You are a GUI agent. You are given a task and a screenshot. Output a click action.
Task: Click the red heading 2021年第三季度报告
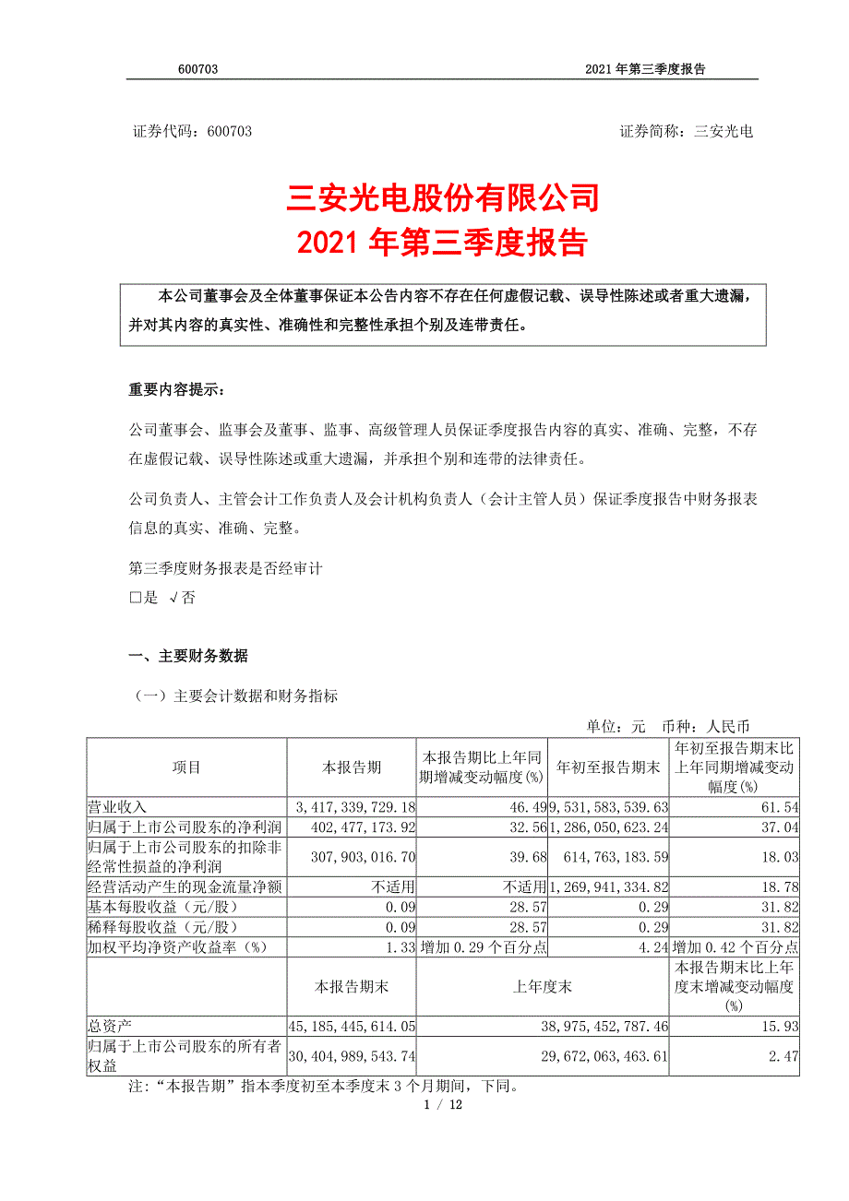444,243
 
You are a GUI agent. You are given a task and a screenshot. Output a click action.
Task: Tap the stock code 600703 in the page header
197,70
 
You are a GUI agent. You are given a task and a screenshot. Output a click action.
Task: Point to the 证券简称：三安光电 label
686,132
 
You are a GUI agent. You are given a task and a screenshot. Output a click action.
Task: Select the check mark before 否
173,597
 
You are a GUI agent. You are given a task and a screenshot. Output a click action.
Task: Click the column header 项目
186,767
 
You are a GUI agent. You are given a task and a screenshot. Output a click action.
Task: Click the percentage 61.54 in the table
781,806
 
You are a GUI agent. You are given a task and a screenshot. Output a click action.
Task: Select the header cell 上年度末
543,987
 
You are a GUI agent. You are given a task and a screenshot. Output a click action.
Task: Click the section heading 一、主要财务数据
188,657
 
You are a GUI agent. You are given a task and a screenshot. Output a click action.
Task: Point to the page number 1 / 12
443,1105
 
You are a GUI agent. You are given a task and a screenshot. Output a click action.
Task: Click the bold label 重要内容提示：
175,390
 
